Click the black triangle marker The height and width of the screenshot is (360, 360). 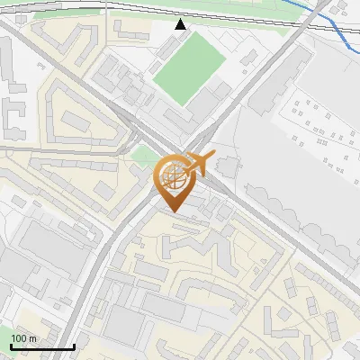180,24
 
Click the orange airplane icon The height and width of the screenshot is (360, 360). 200,164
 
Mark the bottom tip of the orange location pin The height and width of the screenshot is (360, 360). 172,211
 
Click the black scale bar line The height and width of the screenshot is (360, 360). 41,347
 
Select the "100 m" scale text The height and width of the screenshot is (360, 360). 24,338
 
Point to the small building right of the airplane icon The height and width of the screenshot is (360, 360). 224,166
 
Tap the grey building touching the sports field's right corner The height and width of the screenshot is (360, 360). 219,91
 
